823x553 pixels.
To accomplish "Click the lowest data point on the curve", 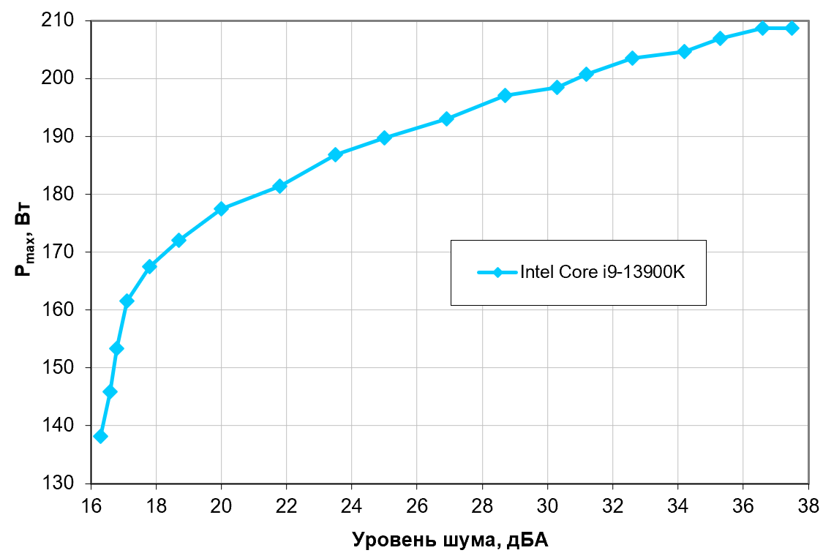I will pyautogui.click(x=101, y=437).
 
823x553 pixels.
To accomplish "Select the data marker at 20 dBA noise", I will pyautogui.click(x=222, y=208).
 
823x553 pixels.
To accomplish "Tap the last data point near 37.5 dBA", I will pyautogui.click(x=792, y=28).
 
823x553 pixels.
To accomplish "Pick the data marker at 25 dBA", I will pyautogui.click(x=385, y=138).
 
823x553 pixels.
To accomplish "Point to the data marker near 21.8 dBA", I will pyautogui.click(x=279, y=187).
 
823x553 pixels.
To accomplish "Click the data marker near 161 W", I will pyautogui.click(x=127, y=301).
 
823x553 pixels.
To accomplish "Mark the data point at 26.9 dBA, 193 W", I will pyautogui.click(x=446, y=119).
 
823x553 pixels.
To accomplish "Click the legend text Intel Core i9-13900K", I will pyautogui.click(x=602, y=272).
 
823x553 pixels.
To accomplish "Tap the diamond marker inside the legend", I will pyautogui.click(x=497, y=272).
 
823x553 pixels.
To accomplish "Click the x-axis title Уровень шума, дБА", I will pyautogui.click(x=449, y=540).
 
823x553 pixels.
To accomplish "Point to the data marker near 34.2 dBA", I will pyautogui.click(x=684, y=51).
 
